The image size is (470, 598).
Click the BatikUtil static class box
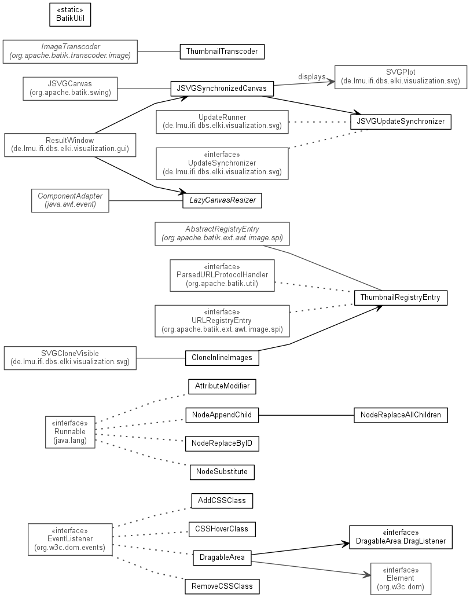click(70, 15)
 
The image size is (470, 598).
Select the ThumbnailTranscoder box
click(222, 52)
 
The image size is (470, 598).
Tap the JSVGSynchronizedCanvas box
click(222, 89)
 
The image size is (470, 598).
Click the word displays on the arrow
click(311, 76)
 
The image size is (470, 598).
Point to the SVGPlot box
click(401, 77)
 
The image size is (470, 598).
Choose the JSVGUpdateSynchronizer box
click(401, 122)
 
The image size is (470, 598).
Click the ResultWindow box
click(70, 145)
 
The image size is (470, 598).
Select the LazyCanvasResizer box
click(222, 200)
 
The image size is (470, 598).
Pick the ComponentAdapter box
click(70, 201)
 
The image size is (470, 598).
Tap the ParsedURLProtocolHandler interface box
click(222, 276)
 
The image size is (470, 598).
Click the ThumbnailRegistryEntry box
click(401, 298)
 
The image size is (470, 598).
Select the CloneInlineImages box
click(222, 358)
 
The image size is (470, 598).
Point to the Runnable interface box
click(70, 432)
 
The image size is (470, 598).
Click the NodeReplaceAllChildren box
click(401, 415)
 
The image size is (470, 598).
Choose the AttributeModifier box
click(222, 386)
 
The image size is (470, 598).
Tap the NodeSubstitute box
click(222, 472)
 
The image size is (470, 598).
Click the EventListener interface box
click(70, 540)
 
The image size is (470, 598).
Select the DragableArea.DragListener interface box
click(401, 537)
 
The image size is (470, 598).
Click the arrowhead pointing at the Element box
click(367, 575)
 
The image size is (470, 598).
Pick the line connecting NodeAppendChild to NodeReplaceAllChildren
click(306, 415)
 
